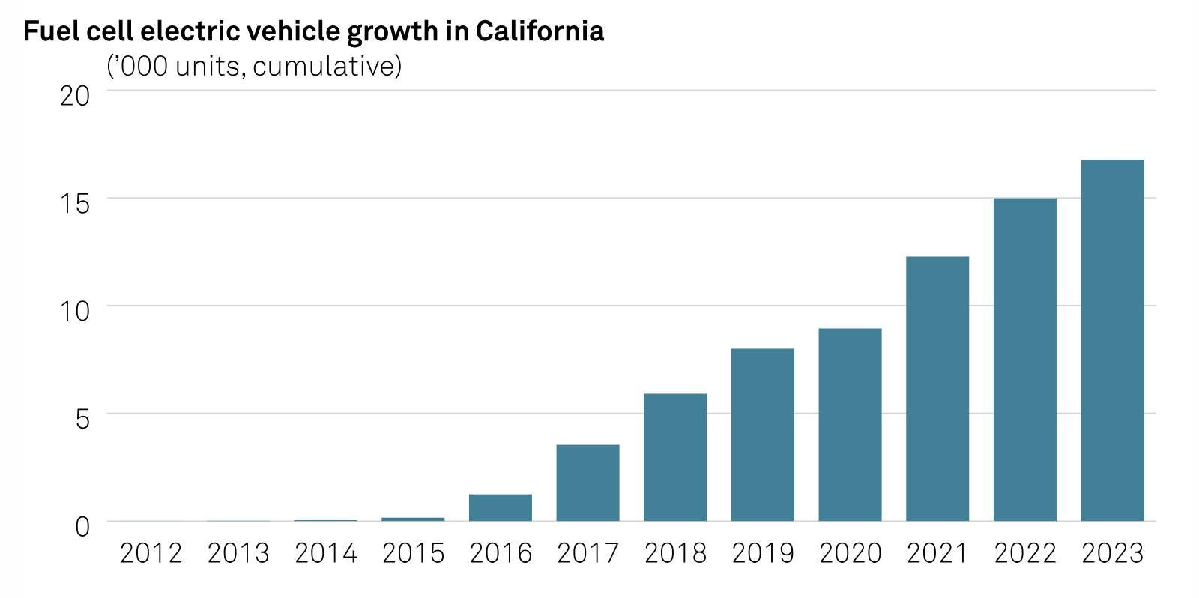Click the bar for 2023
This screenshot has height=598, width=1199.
(x=1112, y=340)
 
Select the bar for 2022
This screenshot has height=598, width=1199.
(x=1024, y=360)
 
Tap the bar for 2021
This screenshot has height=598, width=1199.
(x=937, y=389)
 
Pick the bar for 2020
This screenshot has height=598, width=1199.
(x=850, y=425)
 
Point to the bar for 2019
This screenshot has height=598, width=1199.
(x=762, y=435)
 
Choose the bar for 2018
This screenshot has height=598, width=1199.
(x=675, y=457)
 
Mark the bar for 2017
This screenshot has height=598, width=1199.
(x=588, y=483)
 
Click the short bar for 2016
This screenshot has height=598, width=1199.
(x=501, y=507)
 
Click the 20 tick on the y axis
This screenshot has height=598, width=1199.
(x=75, y=96)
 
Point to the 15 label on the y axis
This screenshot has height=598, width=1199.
(x=75, y=204)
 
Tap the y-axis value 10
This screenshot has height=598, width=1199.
(x=75, y=311)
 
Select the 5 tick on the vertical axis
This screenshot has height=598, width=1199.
(x=82, y=419)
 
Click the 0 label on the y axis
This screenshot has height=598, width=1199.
(x=82, y=527)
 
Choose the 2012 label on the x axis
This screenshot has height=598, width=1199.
(x=151, y=554)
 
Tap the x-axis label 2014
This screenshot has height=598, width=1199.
(x=326, y=554)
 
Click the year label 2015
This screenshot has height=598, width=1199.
(x=413, y=554)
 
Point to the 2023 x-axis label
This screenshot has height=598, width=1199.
(x=1112, y=554)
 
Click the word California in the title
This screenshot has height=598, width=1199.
(x=540, y=31)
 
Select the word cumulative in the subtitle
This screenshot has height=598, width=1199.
(x=323, y=67)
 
